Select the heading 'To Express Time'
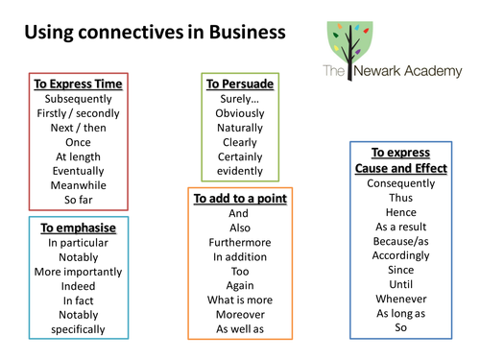pos(79,84)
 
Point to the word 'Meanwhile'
pos(79,185)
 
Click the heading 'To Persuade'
pos(240,84)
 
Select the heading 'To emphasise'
pos(79,228)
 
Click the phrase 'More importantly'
pos(79,272)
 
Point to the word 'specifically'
pos(79,329)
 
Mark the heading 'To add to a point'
pos(240,199)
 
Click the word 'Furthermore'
pos(240,243)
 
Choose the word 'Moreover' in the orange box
pos(240,315)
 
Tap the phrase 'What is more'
pos(240,300)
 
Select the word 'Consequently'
pos(401,184)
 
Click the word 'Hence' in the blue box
pos(401,213)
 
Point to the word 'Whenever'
pos(401,300)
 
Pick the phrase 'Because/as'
pos(401,242)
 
